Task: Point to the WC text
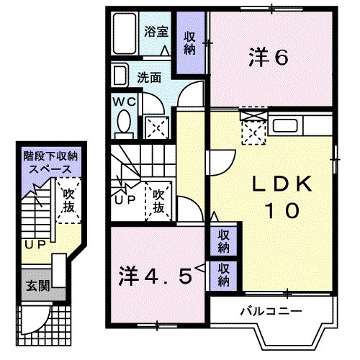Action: pyautogui.click(x=123, y=102)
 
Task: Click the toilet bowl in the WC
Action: pyautogui.click(x=122, y=123)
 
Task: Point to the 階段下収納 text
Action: pyautogui.click(x=47, y=156)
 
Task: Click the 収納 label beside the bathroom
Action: pyautogui.click(x=191, y=43)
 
